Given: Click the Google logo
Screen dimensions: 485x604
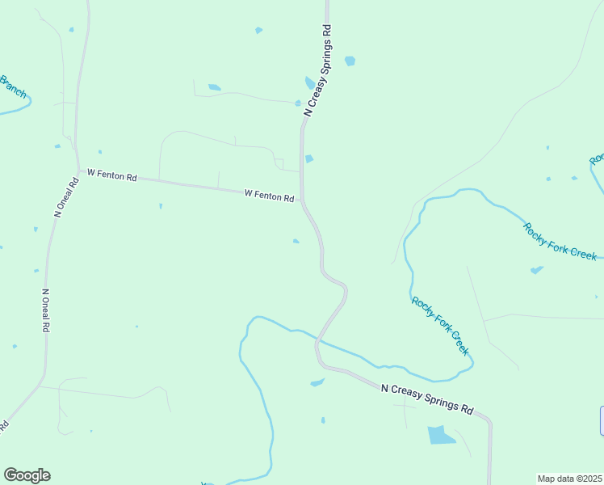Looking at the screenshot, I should coord(27,475).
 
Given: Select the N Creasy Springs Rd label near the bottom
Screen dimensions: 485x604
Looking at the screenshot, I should coord(426,399).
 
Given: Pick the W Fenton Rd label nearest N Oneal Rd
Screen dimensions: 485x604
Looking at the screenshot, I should coord(111,174).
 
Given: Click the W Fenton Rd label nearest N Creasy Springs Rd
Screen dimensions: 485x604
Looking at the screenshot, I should coord(269,195).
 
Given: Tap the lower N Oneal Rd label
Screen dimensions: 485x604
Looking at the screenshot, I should coord(45,311).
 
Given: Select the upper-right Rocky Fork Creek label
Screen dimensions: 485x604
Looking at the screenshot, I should coord(560,241).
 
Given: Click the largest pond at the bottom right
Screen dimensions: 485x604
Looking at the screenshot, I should coord(441,435).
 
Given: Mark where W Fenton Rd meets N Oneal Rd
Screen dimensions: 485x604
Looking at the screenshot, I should coord(77,170).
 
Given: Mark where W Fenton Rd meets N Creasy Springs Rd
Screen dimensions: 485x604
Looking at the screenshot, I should coord(302,200).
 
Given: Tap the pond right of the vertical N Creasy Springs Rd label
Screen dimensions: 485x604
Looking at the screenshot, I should coord(350,61).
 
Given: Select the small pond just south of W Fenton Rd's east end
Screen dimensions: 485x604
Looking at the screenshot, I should coord(296,240).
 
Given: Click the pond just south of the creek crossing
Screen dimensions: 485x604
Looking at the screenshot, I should coord(317,382).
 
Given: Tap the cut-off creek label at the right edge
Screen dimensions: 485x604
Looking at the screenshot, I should coord(598,158).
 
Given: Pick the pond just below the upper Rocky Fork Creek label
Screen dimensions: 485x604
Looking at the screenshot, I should coord(536,270).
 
